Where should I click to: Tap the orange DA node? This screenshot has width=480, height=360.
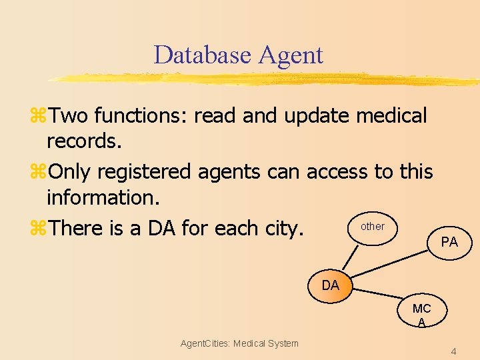click(x=330, y=286)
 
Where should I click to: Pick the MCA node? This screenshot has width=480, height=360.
click(x=421, y=313)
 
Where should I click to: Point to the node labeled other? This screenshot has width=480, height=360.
click(x=372, y=227)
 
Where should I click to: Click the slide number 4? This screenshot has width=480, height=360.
click(x=453, y=351)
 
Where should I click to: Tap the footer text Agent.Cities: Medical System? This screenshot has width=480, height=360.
click(x=239, y=343)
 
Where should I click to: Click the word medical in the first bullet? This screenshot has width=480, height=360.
click(x=391, y=115)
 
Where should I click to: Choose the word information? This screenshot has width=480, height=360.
click(x=101, y=198)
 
